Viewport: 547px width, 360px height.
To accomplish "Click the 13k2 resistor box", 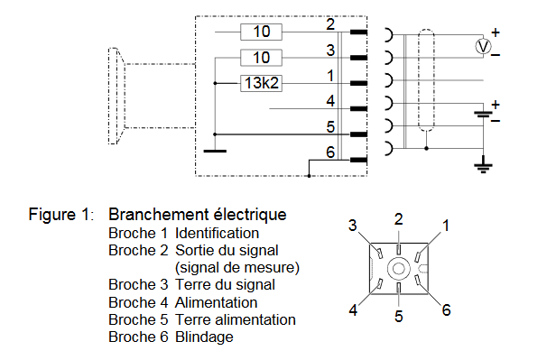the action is tap(261, 83).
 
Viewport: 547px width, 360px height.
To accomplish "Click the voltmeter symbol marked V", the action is tap(483, 46).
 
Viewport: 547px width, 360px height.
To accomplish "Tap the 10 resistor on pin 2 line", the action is tap(261, 32).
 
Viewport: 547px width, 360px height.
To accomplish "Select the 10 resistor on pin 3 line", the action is tap(261, 58).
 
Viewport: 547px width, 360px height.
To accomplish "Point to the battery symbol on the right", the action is tap(483, 114).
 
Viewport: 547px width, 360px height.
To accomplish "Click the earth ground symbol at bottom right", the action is tap(483, 167).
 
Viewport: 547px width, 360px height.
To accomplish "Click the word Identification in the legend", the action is tap(217, 233).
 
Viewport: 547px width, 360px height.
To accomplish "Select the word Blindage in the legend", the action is tap(204, 337).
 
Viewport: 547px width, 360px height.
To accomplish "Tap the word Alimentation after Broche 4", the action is tap(217, 302).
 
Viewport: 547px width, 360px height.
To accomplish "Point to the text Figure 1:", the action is tap(61, 214).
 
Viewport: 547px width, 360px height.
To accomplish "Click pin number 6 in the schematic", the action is tap(330, 152).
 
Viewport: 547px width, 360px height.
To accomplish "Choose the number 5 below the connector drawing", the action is tap(399, 317).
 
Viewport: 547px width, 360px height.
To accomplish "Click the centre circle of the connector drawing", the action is tap(399, 269).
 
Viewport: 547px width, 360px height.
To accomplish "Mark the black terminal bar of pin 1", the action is tap(358, 83).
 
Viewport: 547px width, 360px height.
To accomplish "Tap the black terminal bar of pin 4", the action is tap(358, 109).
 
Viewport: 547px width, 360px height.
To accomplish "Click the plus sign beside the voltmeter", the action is tap(496, 32).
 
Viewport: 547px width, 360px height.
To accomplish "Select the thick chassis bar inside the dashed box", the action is tap(215, 151).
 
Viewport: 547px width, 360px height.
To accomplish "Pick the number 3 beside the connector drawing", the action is tap(353, 226).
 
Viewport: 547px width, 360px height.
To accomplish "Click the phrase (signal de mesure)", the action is tap(237, 268).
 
